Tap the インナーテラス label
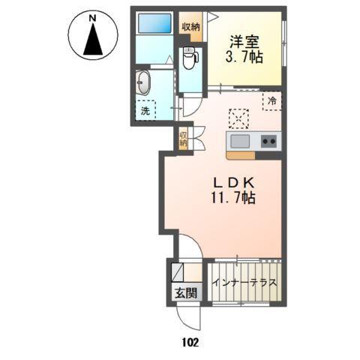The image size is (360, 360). [245, 283]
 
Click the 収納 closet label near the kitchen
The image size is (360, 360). [182, 139]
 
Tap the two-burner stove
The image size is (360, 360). [268, 141]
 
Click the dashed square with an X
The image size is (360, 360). [239, 118]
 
